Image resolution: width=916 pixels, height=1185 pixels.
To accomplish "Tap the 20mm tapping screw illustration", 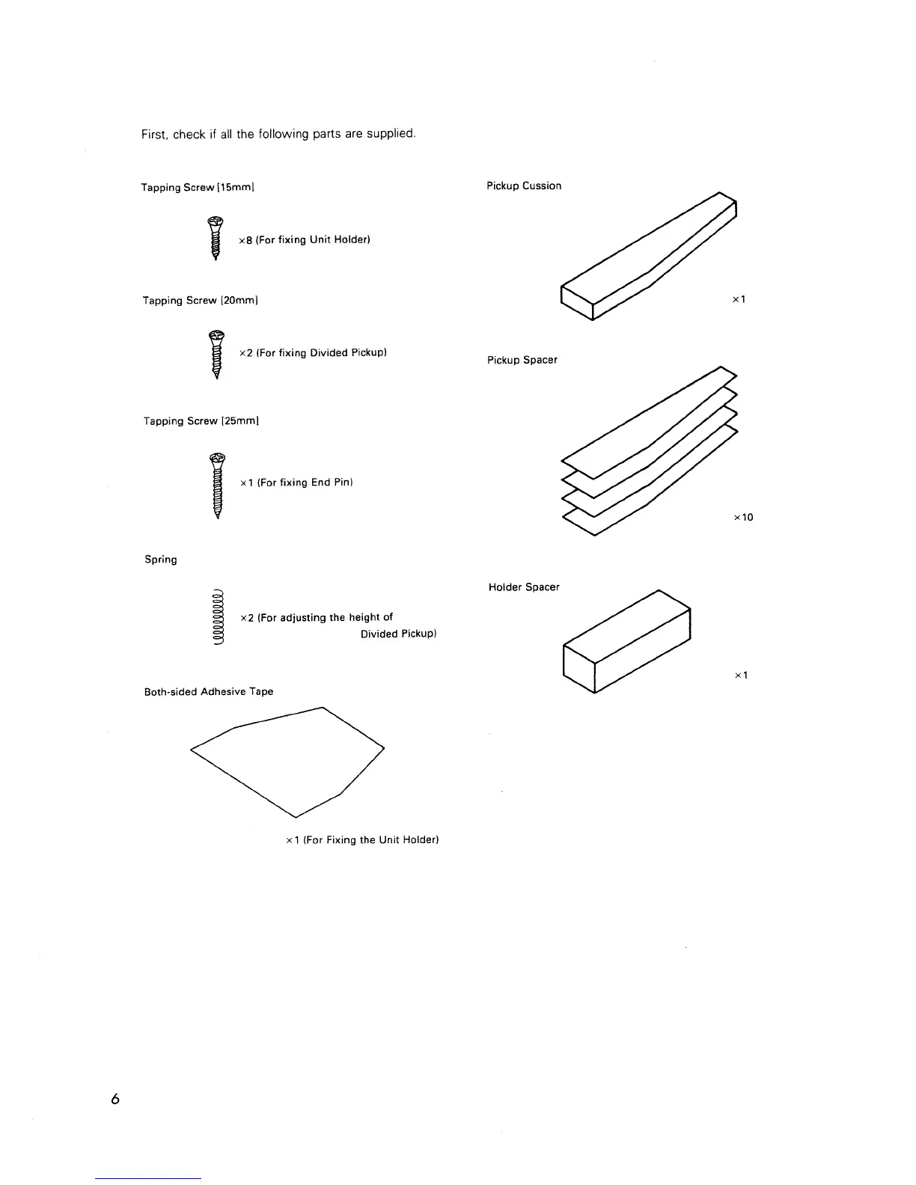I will click(x=216, y=354).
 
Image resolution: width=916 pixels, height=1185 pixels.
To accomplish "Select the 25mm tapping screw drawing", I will click(x=218, y=486).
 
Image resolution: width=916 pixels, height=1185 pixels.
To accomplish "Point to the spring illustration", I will click(x=219, y=617).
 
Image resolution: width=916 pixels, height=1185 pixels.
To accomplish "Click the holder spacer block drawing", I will click(x=626, y=641).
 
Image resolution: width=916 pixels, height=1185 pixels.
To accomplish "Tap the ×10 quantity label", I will click(x=743, y=517).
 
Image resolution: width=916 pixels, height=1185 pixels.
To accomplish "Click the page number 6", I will click(x=114, y=1099).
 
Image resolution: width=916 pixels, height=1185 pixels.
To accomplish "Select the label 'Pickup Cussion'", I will click(x=524, y=186).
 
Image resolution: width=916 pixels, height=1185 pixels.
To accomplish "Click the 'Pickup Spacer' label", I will click(x=522, y=360).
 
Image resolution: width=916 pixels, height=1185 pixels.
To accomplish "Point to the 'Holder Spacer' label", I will click(x=524, y=587).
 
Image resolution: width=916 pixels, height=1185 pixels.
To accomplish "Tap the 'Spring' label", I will click(x=161, y=560).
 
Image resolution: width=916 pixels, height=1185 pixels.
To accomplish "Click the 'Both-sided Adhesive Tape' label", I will click(x=209, y=692).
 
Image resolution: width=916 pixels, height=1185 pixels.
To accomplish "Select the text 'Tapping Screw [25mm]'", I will click(x=201, y=421).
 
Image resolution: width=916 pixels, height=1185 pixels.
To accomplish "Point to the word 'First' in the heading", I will click(x=154, y=134).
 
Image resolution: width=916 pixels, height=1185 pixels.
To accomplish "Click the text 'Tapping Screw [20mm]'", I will click(x=201, y=300).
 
